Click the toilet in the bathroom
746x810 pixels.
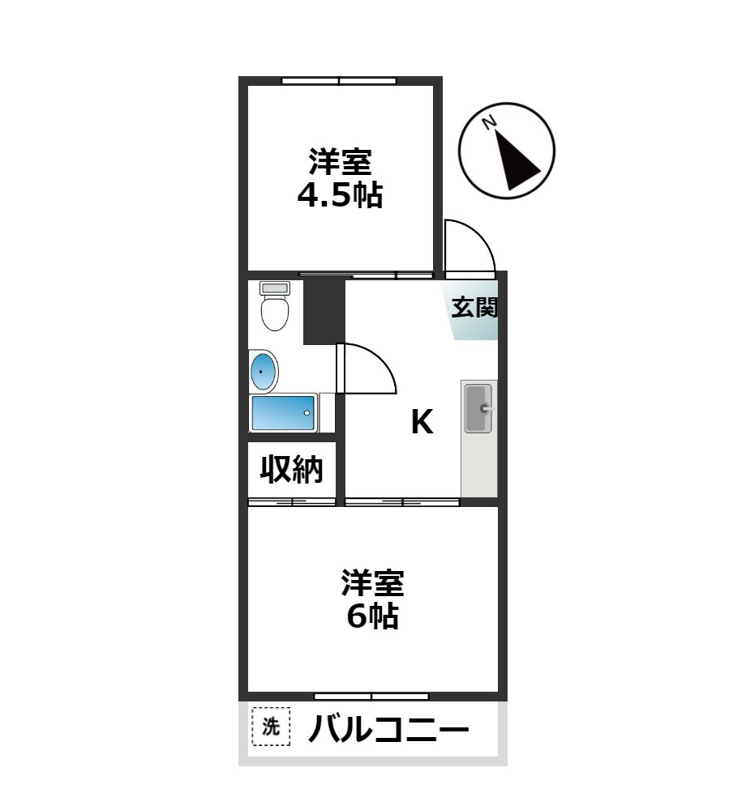[x=275, y=311]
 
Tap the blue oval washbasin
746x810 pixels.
[x=263, y=372]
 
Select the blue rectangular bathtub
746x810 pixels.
[x=283, y=413]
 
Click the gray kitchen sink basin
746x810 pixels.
[x=478, y=408]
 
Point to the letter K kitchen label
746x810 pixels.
[x=422, y=422]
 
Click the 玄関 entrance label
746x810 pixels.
[x=474, y=308]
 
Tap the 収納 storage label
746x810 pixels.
[x=291, y=469]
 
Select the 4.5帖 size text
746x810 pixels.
[x=340, y=195]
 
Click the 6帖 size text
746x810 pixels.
[x=372, y=617]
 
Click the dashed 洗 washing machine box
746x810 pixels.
[x=271, y=727]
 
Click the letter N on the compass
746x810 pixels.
[x=489, y=122]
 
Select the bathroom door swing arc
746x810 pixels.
[x=369, y=369]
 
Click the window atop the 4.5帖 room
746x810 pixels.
[x=339, y=81]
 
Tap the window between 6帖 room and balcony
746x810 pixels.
[x=371, y=696]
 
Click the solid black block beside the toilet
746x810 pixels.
[x=324, y=310]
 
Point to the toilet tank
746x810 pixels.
[x=275, y=288]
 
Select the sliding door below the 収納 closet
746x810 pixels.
[x=291, y=502]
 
